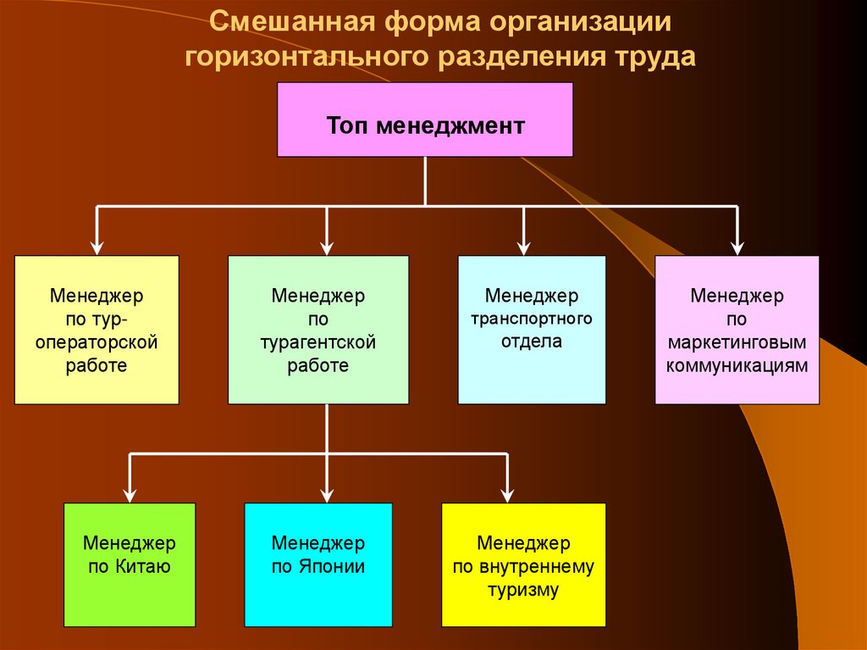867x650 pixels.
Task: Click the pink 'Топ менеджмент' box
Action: pos(425,119)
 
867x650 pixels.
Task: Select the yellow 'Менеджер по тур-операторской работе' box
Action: pos(97,330)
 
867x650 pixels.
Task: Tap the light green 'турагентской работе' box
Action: pos(318,330)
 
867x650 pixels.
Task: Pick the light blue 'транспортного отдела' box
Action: pos(532,330)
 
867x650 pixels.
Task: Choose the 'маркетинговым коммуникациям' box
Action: pos(737,330)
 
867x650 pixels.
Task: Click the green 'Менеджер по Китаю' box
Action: pos(130,564)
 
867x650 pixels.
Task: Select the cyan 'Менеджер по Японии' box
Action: pos(318,564)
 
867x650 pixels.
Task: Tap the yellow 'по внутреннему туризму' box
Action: pos(523,564)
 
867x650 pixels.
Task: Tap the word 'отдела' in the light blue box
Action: pos(532,342)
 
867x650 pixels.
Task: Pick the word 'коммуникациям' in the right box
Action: pos(737,366)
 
